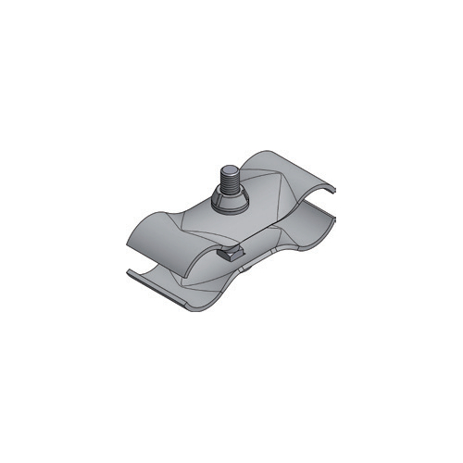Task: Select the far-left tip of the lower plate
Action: (x=126, y=269)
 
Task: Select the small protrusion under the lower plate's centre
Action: (x=248, y=269)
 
